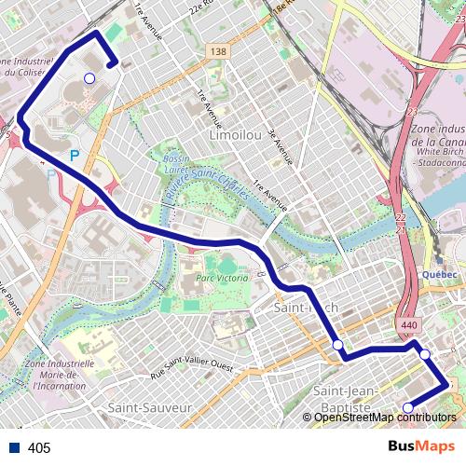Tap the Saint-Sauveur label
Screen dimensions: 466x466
pos(149,407)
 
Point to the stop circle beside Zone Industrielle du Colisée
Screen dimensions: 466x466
pos(89,78)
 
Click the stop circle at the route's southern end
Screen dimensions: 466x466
pos(407,407)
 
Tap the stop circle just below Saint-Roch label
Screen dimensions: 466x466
pos(337,345)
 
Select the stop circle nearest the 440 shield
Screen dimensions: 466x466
pos(425,354)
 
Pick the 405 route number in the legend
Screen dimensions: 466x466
pos(40,448)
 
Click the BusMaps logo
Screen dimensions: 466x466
pos(421,446)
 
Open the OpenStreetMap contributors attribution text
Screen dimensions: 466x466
pos(383,417)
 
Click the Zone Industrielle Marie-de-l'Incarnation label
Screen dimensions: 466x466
pos(63,373)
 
